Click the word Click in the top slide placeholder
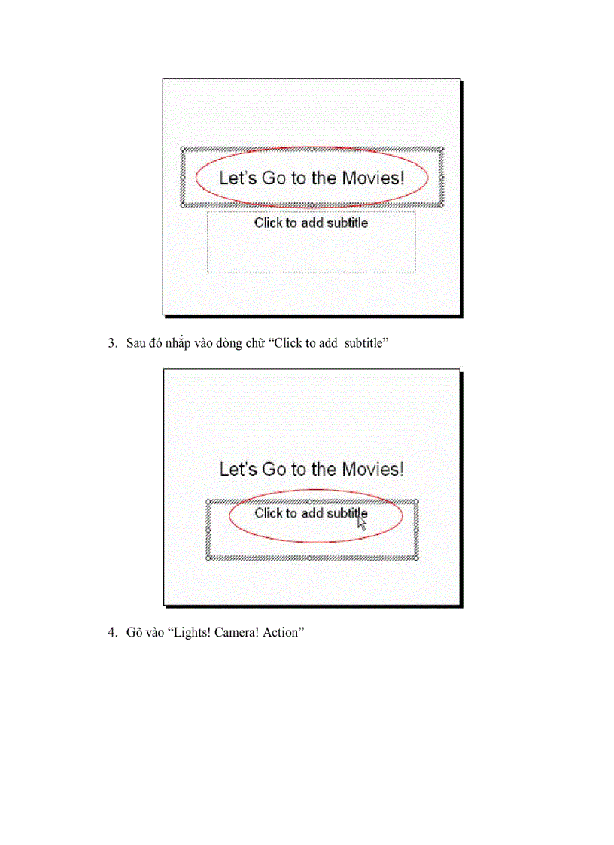(268, 223)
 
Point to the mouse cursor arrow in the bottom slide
(362, 523)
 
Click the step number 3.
(111, 344)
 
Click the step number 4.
(111, 633)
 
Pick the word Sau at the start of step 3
(136, 344)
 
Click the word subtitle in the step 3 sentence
(363, 344)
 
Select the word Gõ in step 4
(134, 633)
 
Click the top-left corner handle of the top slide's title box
(183, 150)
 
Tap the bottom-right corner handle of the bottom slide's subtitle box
(417, 558)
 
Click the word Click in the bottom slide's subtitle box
(268, 514)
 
